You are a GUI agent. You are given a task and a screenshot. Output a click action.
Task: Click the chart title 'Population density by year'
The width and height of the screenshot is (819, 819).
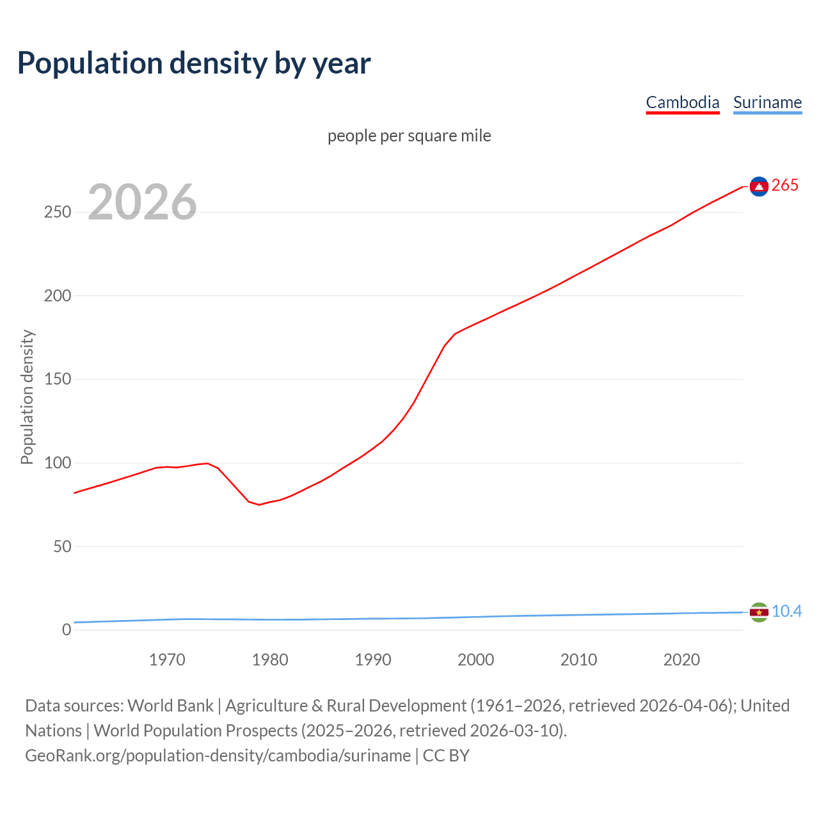[194, 63]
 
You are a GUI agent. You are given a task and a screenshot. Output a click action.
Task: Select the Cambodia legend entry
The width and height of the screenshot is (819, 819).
[682, 102]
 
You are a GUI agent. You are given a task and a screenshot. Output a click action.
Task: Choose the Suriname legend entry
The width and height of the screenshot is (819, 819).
[767, 102]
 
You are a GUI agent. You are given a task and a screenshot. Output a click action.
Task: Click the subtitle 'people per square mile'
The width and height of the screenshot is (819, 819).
[409, 136]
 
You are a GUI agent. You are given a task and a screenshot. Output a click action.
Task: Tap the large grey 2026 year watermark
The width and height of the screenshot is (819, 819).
[142, 202]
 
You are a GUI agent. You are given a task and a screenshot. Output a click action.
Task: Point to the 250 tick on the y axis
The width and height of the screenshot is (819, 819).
[57, 212]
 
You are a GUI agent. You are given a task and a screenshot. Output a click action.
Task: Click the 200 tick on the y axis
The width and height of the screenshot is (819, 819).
[57, 296]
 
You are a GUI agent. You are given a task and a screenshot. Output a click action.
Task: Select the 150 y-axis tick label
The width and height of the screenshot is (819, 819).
[57, 379]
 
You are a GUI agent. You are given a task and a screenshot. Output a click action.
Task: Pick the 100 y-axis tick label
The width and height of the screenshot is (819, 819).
[57, 463]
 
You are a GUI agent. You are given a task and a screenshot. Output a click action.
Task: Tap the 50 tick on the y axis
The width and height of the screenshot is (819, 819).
[61, 546]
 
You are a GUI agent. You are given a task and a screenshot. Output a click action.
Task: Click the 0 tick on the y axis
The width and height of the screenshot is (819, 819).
[67, 630]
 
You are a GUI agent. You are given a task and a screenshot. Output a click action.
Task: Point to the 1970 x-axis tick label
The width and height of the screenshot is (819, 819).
[167, 660]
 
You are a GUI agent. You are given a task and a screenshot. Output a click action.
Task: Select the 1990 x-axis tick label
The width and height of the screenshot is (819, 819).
[373, 660]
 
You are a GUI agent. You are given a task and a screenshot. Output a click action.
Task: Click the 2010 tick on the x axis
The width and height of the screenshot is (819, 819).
[578, 660]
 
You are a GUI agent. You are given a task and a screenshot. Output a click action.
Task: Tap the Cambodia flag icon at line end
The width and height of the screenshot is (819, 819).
[759, 186]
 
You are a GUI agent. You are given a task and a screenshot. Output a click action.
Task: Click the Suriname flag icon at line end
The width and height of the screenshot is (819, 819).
[759, 612]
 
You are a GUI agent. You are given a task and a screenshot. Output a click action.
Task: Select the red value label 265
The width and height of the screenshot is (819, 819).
[785, 186]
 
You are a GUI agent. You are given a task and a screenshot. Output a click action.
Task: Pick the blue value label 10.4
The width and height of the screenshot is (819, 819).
[786, 612]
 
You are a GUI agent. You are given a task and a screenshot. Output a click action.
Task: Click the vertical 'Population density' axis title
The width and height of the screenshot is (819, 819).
[27, 397]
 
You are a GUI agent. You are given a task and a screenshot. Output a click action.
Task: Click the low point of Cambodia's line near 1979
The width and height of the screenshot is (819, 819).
[259, 505]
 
